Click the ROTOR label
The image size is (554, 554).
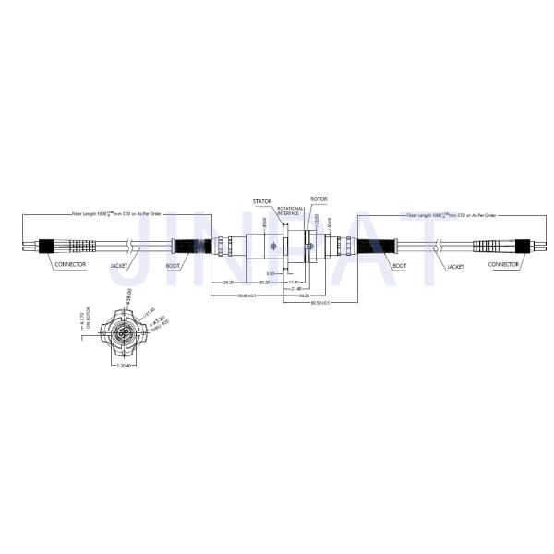tap(319, 199)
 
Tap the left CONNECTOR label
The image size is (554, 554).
tap(70, 266)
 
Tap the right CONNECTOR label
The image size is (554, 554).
tap(504, 266)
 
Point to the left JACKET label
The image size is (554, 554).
tap(121, 266)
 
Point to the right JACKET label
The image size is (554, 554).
tap(453, 266)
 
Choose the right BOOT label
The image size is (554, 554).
tap(399, 266)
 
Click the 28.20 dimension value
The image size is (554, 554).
tap(229, 283)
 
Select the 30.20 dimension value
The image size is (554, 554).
tap(264, 283)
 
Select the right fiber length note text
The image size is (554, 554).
tap(452, 214)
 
